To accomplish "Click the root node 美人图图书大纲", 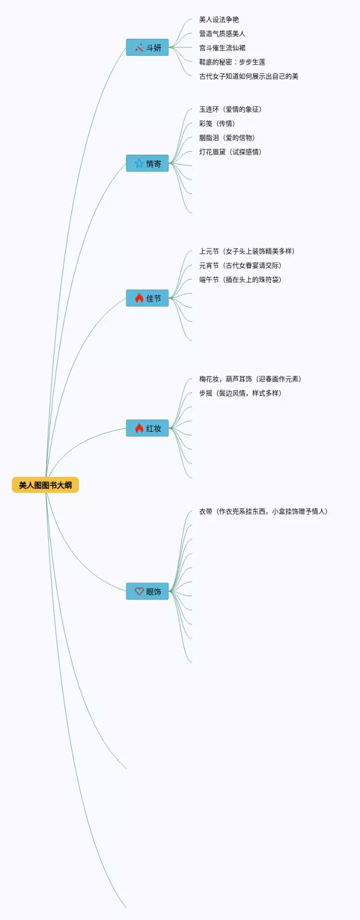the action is click(x=45, y=485).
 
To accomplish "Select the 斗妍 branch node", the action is click(x=147, y=48).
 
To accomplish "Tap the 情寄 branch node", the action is click(x=147, y=164).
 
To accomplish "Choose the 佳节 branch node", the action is click(x=147, y=299).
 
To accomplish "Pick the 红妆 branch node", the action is click(x=147, y=429).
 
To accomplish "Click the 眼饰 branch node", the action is click(x=147, y=592).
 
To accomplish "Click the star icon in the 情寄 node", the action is click(x=139, y=164).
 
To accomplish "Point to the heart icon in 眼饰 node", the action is click(x=139, y=592).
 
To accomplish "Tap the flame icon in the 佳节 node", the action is click(x=139, y=299).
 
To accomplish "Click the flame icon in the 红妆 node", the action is click(x=139, y=429).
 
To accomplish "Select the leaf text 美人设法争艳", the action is click(x=219, y=20).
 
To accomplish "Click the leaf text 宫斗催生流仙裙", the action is click(x=222, y=48).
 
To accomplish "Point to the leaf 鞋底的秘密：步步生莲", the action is click(x=232, y=62).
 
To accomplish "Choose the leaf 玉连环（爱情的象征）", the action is click(x=231, y=110).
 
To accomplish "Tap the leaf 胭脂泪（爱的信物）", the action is click(x=227, y=138).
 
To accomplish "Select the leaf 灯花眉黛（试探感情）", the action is click(x=231, y=152).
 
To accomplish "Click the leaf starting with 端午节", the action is click(x=240, y=279).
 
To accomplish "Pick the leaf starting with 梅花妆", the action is click(x=250, y=379).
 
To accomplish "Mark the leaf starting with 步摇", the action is click(x=240, y=393).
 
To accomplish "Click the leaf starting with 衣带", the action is click(x=263, y=512).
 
